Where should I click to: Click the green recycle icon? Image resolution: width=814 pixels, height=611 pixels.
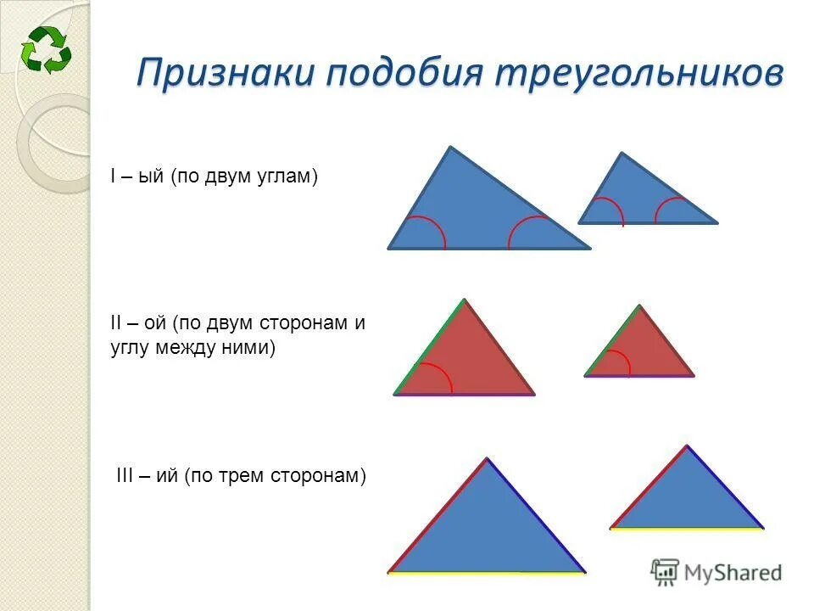(x=47, y=48)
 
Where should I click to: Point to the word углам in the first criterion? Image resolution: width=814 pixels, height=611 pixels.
(x=288, y=177)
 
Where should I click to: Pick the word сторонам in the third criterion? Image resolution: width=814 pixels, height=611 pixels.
(x=322, y=477)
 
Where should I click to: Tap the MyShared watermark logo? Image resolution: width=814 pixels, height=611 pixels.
(x=716, y=572)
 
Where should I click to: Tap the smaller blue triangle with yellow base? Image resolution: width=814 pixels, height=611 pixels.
(x=687, y=496)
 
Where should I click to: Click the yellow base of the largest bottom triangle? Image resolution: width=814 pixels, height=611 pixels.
(x=487, y=573)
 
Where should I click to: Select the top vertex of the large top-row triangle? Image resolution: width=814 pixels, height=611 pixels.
(x=450, y=148)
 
